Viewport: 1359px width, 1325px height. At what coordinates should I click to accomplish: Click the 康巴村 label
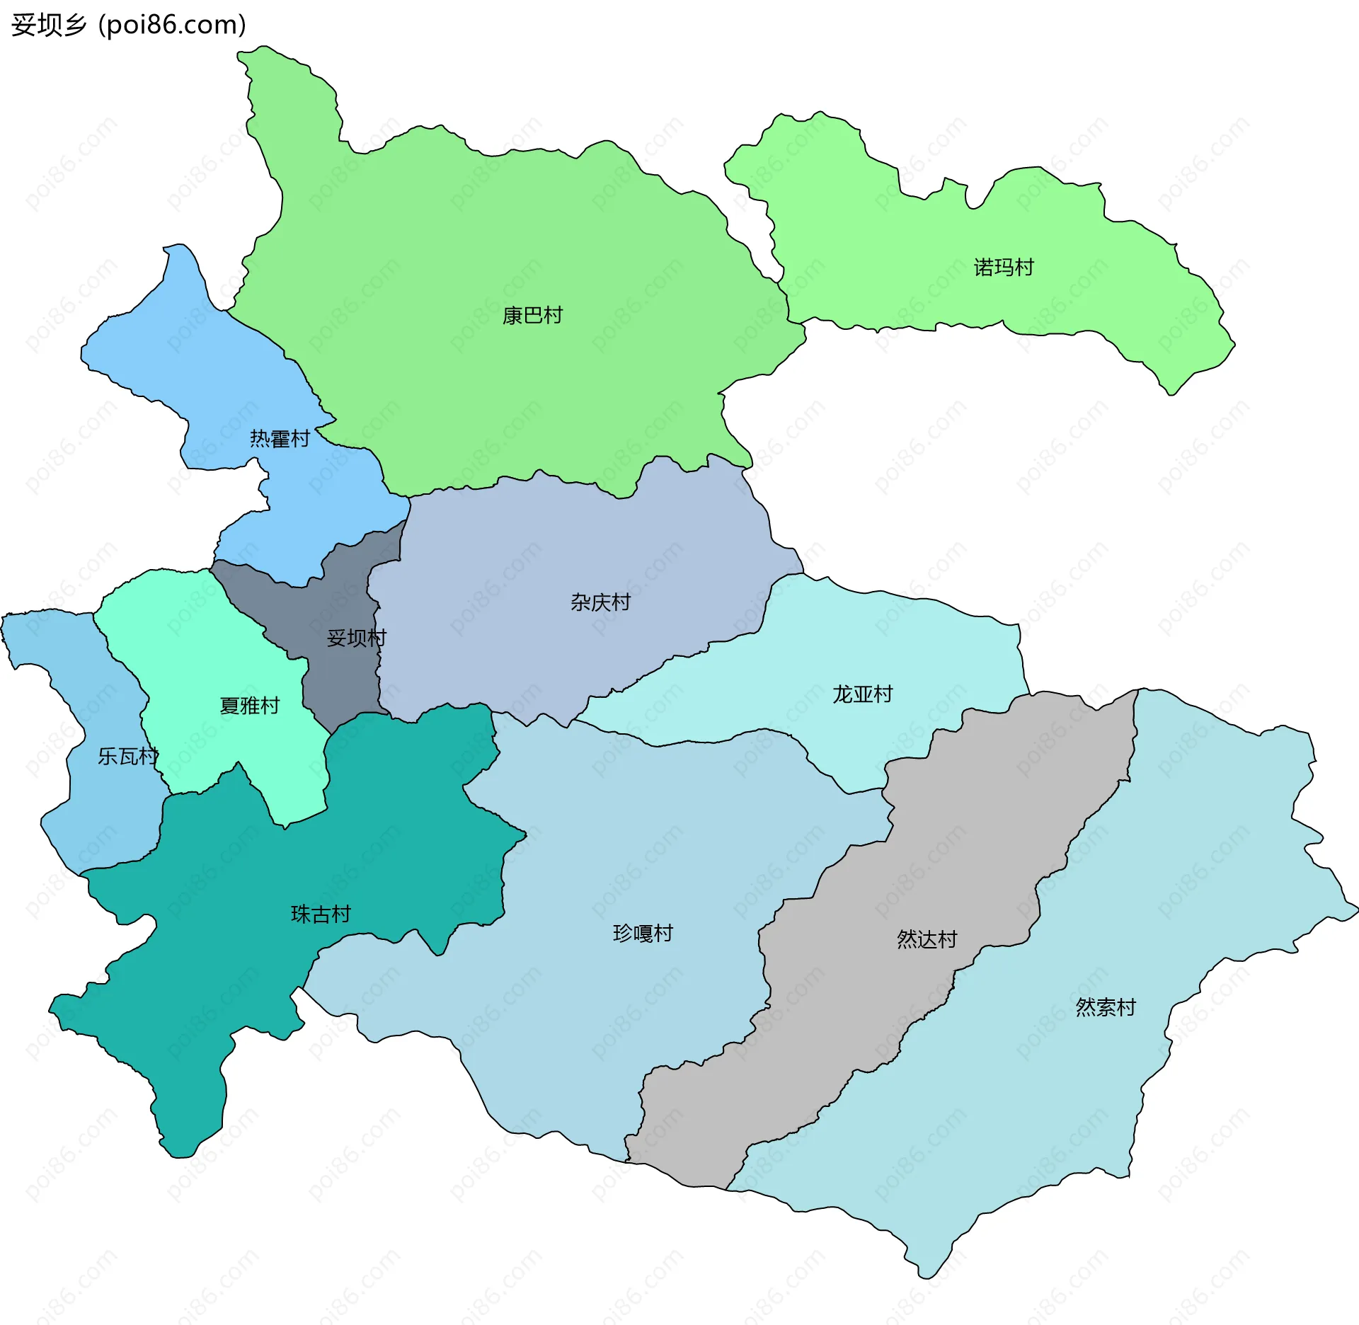click(x=532, y=316)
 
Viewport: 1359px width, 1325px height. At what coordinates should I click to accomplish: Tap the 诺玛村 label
click(x=1004, y=268)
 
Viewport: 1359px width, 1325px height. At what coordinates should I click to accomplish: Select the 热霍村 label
click(x=280, y=439)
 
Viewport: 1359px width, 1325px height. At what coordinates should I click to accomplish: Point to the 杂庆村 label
click(x=600, y=602)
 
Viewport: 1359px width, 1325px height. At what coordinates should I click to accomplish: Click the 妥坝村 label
click(x=356, y=638)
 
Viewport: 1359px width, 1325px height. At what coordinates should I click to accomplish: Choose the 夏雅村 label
click(x=249, y=706)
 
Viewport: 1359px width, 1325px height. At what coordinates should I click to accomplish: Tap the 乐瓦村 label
click(x=127, y=757)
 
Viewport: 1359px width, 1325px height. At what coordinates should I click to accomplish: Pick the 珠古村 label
click(x=321, y=914)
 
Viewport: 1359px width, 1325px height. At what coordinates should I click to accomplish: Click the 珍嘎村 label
click(x=643, y=934)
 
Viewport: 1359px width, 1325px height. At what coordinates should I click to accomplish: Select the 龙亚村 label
click(x=862, y=694)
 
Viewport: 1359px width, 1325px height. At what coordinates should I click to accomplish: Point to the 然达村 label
click(x=927, y=939)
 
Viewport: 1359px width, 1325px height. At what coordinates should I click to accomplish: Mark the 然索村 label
click(x=1106, y=1007)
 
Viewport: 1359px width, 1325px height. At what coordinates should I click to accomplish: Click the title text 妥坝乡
click(x=48, y=25)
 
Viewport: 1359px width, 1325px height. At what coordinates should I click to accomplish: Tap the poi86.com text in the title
click(x=172, y=25)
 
